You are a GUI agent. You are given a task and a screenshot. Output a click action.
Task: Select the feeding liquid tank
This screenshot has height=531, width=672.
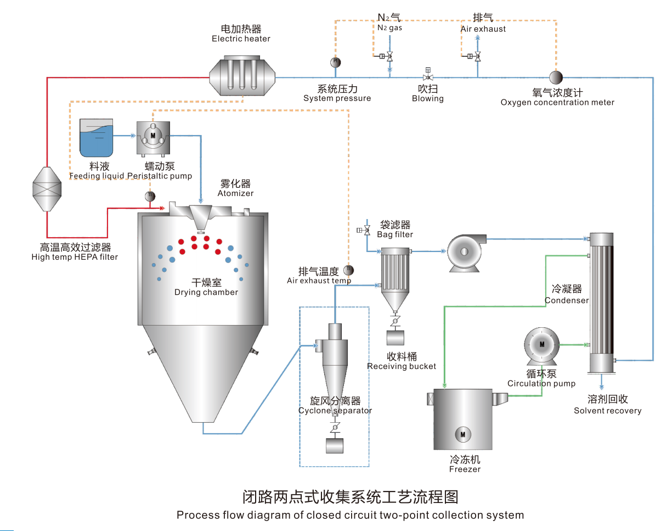click(97, 137)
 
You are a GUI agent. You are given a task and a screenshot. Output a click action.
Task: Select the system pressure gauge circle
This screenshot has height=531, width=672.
click(336, 62)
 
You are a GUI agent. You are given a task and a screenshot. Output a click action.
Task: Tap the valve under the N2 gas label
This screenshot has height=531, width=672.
click(389, 57)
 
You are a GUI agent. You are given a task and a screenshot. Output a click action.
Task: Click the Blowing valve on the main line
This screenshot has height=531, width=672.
click(428, 75)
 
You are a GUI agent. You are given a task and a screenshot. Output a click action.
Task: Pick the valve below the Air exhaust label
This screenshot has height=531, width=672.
click(477, 57)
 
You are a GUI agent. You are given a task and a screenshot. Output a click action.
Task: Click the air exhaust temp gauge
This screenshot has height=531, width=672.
click(348, 270)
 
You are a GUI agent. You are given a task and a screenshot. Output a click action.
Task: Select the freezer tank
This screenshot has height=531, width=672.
click(462, 420)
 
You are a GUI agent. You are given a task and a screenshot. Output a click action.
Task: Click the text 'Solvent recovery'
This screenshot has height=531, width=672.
click(607, 411)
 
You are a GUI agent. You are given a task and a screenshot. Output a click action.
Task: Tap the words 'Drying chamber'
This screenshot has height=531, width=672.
click(206, 293)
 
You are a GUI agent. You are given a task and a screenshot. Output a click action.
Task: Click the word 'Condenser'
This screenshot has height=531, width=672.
click(567, 300)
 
